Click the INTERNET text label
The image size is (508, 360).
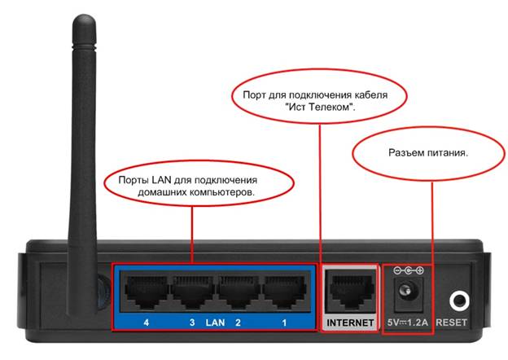(351, 323)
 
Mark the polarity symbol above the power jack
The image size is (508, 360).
(409, 270)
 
